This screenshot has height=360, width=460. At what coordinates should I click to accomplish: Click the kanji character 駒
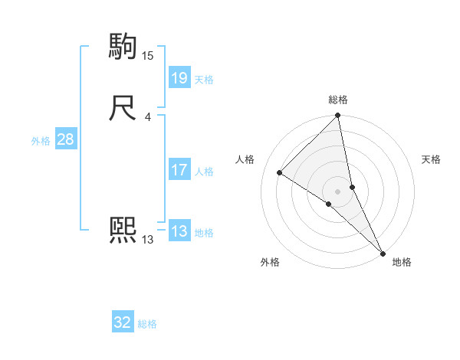coord(123,47)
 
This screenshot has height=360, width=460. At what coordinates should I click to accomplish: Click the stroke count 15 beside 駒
coord(148,56)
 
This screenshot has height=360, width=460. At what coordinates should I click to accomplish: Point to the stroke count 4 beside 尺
coord(148,117)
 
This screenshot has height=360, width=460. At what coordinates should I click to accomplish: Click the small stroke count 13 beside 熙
coord(148,240)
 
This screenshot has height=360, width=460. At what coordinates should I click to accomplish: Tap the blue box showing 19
coord(179,77)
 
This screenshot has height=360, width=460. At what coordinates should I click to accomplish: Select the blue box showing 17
coord(179,170)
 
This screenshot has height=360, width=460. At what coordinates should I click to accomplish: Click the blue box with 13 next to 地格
coord(179,231)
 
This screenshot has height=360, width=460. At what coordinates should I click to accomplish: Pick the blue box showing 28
coord(65,139)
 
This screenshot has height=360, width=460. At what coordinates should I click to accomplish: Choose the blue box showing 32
coord(123,322)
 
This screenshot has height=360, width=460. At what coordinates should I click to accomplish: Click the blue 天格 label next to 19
coord(204,79)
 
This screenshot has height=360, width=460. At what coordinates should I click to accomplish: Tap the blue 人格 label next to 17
coord(204,172)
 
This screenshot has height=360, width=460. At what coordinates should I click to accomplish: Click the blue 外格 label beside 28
coord(41,141)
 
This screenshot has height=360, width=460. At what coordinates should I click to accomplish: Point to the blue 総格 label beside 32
coord(147,324)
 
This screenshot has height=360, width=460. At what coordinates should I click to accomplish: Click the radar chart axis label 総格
coord(338,100)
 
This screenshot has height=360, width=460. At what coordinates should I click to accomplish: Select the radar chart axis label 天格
coord(431,159)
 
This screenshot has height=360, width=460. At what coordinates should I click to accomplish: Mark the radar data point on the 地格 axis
coord(383,252)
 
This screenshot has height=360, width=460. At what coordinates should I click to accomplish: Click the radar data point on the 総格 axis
coord(338,116)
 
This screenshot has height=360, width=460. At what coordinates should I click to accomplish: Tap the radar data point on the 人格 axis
coord(280,172)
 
